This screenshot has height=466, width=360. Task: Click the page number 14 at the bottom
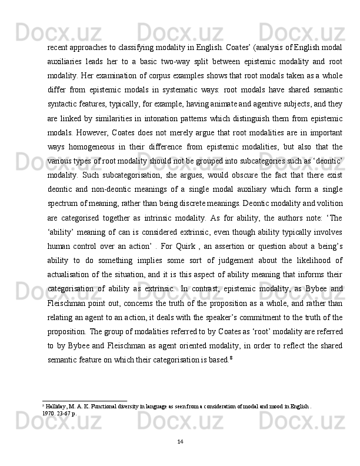(180, 441)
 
